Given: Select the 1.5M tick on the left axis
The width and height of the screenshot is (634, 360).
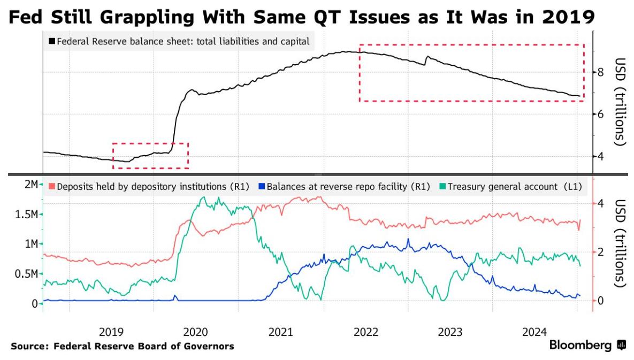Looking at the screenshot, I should (25, 215).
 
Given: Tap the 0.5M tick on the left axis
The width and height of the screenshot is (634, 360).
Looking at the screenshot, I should (25, 274).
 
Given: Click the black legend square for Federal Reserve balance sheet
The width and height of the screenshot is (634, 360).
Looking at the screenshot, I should (52, 41).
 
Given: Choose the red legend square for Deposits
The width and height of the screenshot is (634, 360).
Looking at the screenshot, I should (52, 187).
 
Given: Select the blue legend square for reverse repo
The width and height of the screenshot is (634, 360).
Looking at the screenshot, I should (262, 187).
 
